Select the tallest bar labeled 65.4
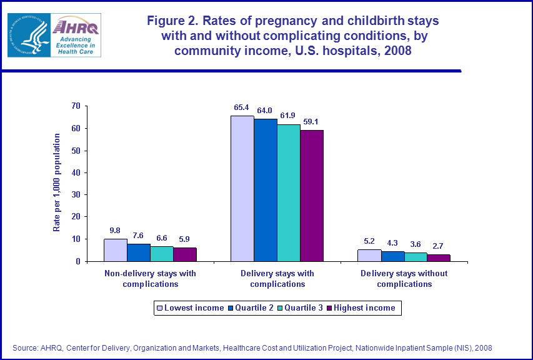(x=242, y=188)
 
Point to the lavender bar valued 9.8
(x=115, y=250)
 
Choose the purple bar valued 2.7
(x=439, y=257)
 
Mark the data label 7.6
(x=139, y=236)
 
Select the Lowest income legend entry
(x=190, y=307)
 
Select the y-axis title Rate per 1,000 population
(x=56, y=182)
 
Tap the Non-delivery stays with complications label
(x=150, y=279)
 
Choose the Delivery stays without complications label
(x=404, y=279)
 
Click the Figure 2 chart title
(x=292, y=36)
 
